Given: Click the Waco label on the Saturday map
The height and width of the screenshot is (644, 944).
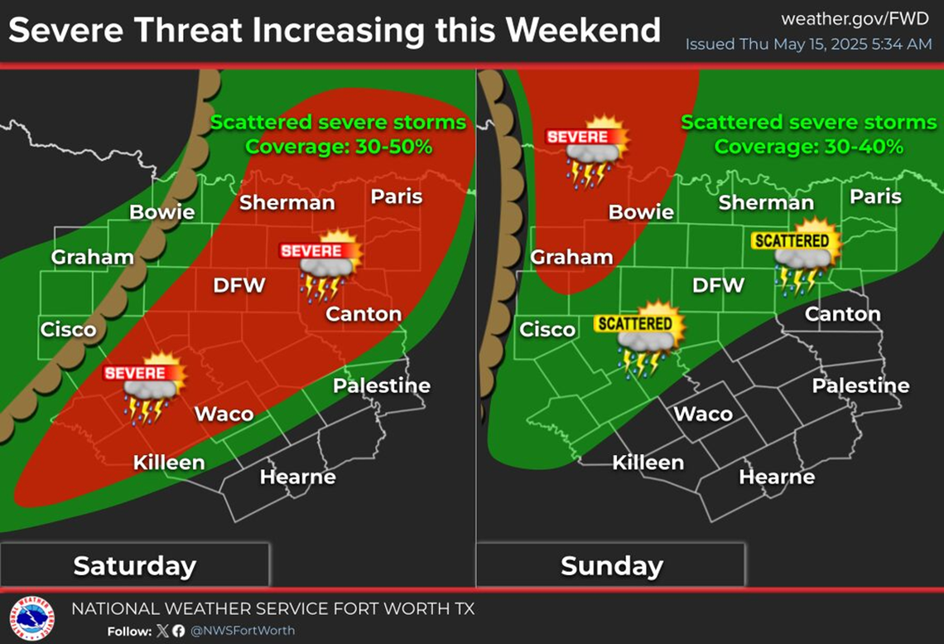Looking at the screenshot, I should pos(224,414).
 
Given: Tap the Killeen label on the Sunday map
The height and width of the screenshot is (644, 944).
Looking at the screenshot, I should pos(648,462).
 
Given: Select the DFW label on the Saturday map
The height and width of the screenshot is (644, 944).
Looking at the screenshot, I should pos(239,286).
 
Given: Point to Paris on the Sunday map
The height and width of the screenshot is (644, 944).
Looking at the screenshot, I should pos(875,197).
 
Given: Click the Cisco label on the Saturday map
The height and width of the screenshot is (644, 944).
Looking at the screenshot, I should pos(68,330).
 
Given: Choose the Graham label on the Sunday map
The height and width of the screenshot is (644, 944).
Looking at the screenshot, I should pos(571,257).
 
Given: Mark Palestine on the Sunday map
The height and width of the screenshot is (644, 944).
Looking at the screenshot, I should pos(860,385).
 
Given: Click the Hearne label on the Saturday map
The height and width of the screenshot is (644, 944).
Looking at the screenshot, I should pos(297,477).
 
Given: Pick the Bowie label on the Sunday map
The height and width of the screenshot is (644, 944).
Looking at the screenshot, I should pos(641,212).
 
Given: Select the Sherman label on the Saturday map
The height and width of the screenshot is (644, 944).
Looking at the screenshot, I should pos(287,202).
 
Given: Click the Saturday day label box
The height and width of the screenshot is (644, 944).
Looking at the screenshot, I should pos(134,565).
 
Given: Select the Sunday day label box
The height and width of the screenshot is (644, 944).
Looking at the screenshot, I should pos(611,565).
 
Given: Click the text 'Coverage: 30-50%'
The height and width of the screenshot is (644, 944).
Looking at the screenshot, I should pos(339,147).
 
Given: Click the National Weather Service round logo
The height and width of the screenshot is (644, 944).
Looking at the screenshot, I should pos(31,619).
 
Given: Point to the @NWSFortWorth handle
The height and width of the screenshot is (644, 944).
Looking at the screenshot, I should pos(243,631).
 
